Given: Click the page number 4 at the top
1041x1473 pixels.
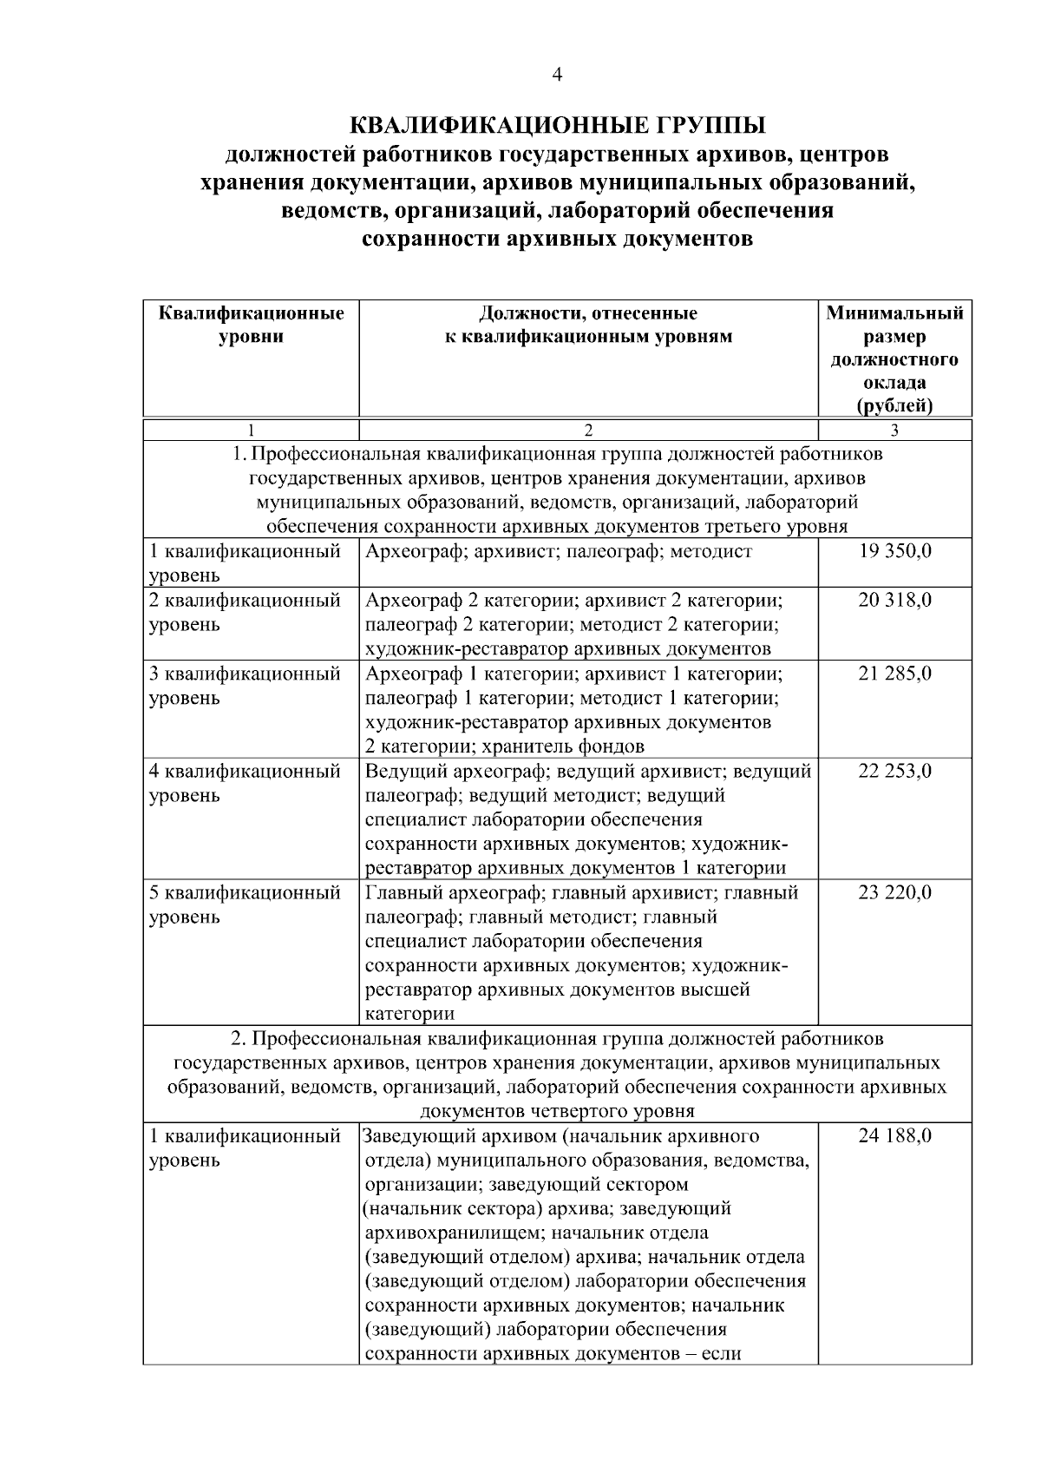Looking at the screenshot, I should [x=557, y=76].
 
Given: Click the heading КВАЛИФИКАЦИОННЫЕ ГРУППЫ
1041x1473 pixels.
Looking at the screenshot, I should [x=557, y=126].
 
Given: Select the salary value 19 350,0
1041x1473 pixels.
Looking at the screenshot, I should [x=894, y=551].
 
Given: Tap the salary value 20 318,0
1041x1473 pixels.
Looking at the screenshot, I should [x=894, y=600].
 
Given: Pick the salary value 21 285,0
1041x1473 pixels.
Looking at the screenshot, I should [x=894, y=673].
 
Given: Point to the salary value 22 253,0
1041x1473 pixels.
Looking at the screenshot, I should [x=894, y=771].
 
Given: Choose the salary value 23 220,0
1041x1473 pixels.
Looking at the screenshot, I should [x=894, y=892].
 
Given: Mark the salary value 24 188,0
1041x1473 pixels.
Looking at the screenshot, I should [x=894, y=1135].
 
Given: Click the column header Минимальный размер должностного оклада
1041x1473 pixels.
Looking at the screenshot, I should [x=894, y=358].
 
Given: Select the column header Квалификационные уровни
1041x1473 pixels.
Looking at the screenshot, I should [x=252, y=324].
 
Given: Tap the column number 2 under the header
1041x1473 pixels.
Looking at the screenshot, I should [x=588, y=430].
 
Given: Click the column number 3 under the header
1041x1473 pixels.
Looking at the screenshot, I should [x=894, y=430].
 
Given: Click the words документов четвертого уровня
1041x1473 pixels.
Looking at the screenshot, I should [x=557, y=1111].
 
